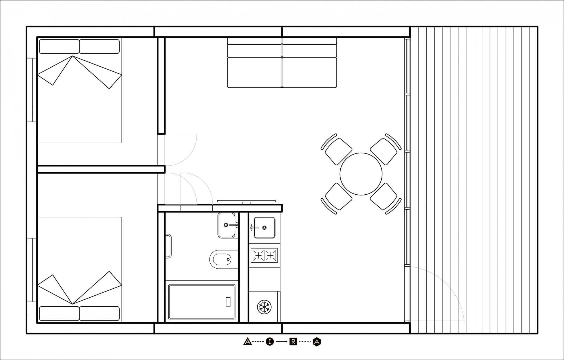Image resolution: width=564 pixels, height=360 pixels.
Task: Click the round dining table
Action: tap(361, 174)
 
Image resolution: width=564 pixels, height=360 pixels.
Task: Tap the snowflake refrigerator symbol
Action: tap(264, 306)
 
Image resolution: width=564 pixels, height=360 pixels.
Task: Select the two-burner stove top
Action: tap(264, 255)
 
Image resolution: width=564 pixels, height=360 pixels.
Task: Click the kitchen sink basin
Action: tap(264, 227)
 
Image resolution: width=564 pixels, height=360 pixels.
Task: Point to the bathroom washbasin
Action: tap(226, 225)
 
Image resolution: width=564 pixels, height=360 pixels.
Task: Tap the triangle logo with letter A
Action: tap(247, 342)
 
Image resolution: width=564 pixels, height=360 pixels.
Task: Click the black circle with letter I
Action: tap(270, 342)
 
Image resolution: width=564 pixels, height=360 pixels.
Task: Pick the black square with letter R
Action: tap(293, 342)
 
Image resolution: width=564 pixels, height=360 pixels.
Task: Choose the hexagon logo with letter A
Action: tap(317, 342)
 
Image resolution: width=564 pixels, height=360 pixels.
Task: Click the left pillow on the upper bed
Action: tap(59, 47)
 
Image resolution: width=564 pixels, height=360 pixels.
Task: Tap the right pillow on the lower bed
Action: tap(99, 313)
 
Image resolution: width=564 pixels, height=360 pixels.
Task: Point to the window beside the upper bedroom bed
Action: tap(34, 90)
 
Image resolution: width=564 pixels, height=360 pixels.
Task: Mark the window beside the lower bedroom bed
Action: tap(34, 270)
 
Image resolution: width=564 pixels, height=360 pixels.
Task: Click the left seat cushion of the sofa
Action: tap(254, 72)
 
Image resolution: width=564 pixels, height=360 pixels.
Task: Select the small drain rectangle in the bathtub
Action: tap(228, 302)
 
